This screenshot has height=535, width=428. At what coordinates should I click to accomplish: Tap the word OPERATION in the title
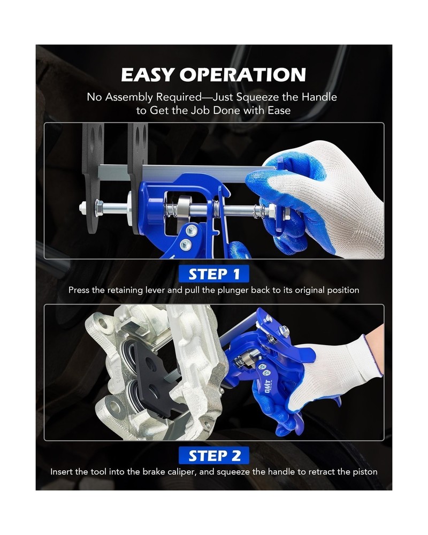click(250, 75)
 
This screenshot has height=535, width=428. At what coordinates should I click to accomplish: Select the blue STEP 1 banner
click(214, 274)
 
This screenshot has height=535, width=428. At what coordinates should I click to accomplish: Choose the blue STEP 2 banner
click(214, 455)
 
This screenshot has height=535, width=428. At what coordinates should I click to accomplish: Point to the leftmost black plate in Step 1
click(91, 177)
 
